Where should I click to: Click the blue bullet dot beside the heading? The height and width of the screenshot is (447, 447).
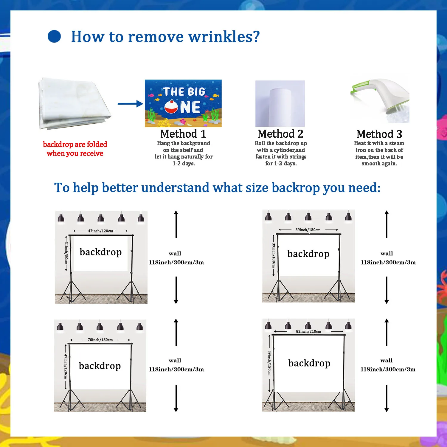click(54, 36)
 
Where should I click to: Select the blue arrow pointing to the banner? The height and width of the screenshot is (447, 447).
click(130, 104)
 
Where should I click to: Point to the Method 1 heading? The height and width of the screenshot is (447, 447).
click(183, 134)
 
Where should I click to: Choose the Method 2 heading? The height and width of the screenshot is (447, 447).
click(280, 134)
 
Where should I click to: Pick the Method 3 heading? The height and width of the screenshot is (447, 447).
click(379, 134)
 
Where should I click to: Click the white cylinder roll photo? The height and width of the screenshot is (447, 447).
click(280, 103)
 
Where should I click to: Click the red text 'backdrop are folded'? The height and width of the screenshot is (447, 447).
click(75, 145)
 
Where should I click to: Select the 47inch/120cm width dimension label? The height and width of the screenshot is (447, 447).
click(100, 231)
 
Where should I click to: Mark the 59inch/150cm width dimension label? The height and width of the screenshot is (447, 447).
click(308, 230)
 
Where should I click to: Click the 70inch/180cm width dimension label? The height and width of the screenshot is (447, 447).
click(100, 340)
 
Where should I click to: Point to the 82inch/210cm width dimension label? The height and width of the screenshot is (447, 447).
click(308, 331)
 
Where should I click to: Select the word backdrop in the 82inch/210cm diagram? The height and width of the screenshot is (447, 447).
click(309, 363)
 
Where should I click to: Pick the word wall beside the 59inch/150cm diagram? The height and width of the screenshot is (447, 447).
click(387, 254)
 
